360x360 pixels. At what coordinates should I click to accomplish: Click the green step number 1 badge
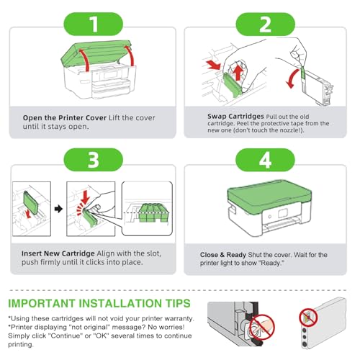(93, 24)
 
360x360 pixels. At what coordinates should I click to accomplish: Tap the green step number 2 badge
(265, 24)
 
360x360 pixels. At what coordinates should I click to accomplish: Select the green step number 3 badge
(93, 160)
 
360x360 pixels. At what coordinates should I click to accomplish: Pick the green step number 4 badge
(265, 160)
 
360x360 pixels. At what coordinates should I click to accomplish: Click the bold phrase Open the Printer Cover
(65, 118)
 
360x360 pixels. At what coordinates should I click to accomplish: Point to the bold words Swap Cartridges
(235, 117)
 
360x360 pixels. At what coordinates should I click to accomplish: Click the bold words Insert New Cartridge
(58, 253)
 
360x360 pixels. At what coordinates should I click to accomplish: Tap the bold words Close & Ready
(223, 255)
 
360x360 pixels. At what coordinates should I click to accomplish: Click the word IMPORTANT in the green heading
(42, 303)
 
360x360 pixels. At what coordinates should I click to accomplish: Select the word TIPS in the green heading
(178, 303)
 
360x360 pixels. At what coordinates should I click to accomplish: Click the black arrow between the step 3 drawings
(58, 209)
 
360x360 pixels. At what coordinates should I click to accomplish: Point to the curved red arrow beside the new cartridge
(292, 78)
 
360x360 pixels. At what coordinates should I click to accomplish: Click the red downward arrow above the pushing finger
(85, 197)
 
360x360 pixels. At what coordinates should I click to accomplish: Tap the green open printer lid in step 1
(96, 53)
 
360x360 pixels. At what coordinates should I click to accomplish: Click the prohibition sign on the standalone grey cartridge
(308, 318)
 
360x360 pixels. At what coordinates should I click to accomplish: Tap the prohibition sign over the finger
(262, 327)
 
